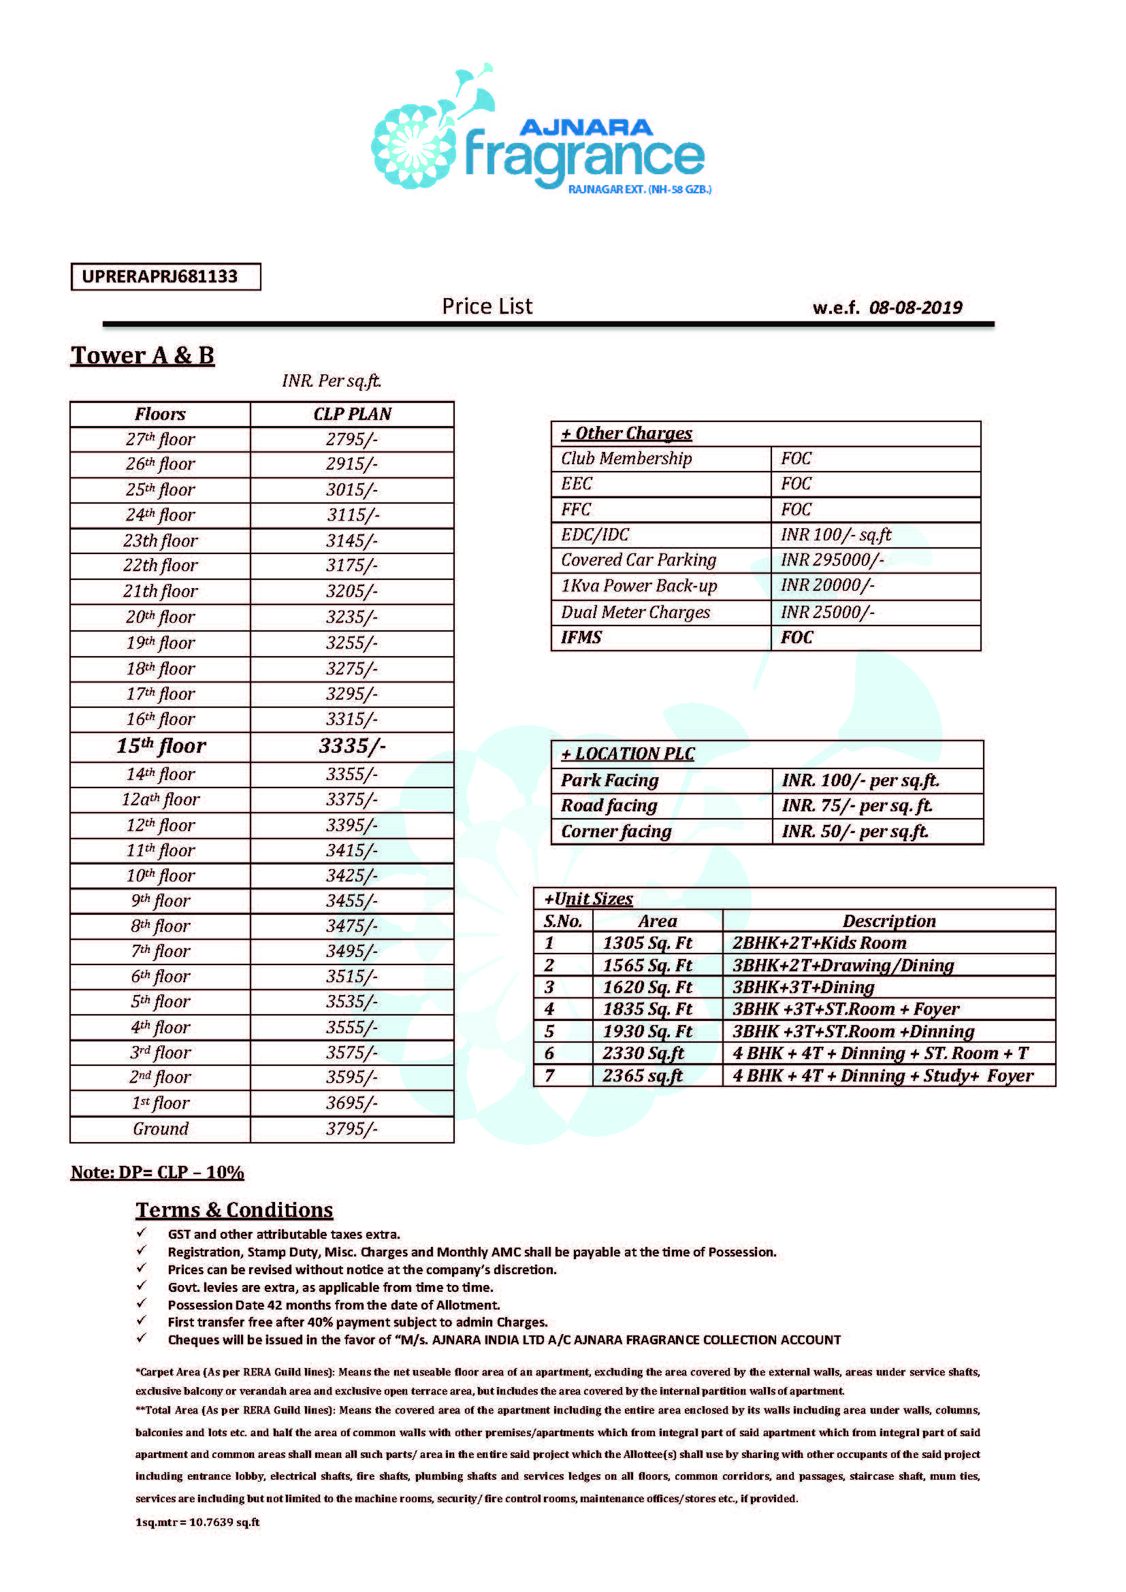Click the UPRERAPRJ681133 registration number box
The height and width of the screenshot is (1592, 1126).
(165, 276)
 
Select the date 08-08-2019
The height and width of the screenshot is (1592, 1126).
(915, 308)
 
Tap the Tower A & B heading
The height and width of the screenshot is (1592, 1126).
(142, 356)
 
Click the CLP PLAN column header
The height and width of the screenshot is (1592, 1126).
(352, 414)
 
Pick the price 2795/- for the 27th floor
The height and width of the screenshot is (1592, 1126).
(352, 440)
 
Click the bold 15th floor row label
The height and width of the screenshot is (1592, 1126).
(161, 746)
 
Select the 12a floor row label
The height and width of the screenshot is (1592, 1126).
(161, 800)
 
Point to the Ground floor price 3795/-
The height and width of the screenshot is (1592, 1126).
(352, 1128)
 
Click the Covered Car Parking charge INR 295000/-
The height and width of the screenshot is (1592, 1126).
(832, 560)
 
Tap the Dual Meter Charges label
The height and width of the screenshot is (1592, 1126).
(635, 613)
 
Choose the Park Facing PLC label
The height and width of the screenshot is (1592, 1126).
(609, 781)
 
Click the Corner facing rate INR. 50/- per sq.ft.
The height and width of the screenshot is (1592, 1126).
(855, 831)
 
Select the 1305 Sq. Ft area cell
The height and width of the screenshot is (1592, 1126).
(647, 943)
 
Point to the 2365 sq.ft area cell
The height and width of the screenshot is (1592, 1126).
(643, 1076)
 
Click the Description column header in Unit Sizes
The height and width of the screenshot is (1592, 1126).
(889, 922)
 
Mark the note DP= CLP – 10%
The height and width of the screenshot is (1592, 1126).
(157, 1173)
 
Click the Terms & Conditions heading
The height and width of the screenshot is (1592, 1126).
(234, 1210)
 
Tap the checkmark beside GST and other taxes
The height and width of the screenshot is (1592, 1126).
(142, 1233)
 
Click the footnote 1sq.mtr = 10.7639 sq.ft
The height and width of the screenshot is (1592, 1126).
(197, 1522)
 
